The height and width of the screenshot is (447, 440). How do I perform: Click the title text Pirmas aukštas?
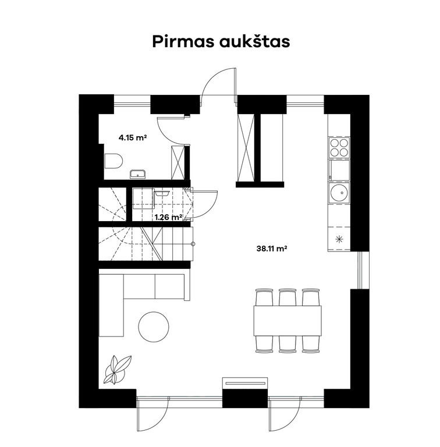coord(220,42)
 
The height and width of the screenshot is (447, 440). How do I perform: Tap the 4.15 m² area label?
coord(132,138)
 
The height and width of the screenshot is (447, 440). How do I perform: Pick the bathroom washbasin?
coord(138,173)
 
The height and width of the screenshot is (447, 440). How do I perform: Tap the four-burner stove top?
coord(339,148)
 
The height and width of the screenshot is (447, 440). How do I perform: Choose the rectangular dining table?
coord(288,320)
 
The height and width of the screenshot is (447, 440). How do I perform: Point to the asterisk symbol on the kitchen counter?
coord(339,239)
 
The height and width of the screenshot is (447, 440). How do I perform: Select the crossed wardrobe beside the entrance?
coord(245,147)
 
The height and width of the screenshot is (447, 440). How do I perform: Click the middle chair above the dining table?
coord(288,296)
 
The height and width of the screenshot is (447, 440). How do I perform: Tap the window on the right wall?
coord(360,271)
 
